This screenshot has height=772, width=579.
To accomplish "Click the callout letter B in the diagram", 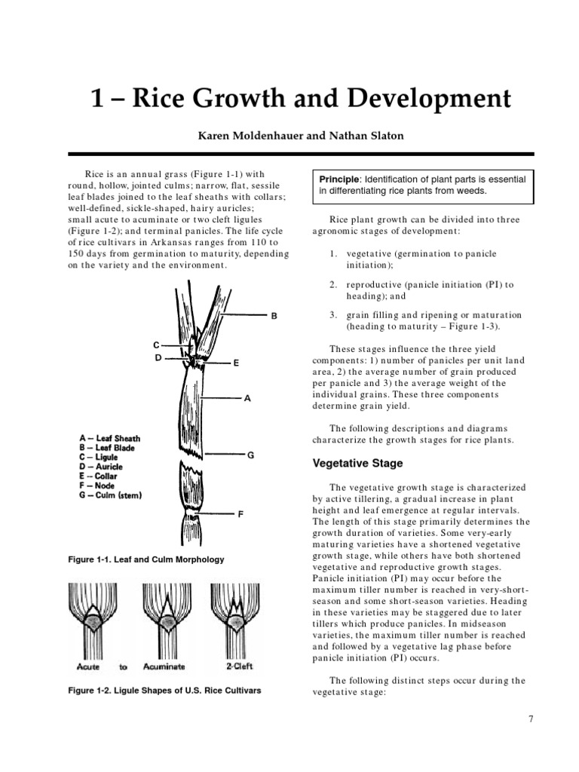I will (x=275, y=317).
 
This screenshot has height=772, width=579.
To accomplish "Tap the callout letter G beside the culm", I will (x=250, y=455).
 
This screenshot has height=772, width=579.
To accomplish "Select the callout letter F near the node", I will (x=241, y=514).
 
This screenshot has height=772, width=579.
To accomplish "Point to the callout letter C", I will (x=156, y=345).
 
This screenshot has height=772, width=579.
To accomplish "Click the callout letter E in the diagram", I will (x=236, y=363).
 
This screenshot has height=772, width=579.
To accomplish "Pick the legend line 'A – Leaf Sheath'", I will (x=109, y=438).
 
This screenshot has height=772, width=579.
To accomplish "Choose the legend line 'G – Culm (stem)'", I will (x=110, y=495).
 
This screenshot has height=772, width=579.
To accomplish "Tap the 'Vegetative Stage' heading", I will (x=357, y=464).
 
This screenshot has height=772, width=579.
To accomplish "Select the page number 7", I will (x=531, y=718).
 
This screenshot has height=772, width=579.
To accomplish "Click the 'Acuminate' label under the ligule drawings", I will (x=162, y=666).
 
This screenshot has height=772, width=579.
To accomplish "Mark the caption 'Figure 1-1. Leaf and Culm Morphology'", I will (x=146, y=559).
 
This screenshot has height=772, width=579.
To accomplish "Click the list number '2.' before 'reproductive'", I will (x=332, y=285).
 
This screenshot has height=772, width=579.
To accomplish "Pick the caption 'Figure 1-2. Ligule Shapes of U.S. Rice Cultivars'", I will (x=164, y=690).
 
